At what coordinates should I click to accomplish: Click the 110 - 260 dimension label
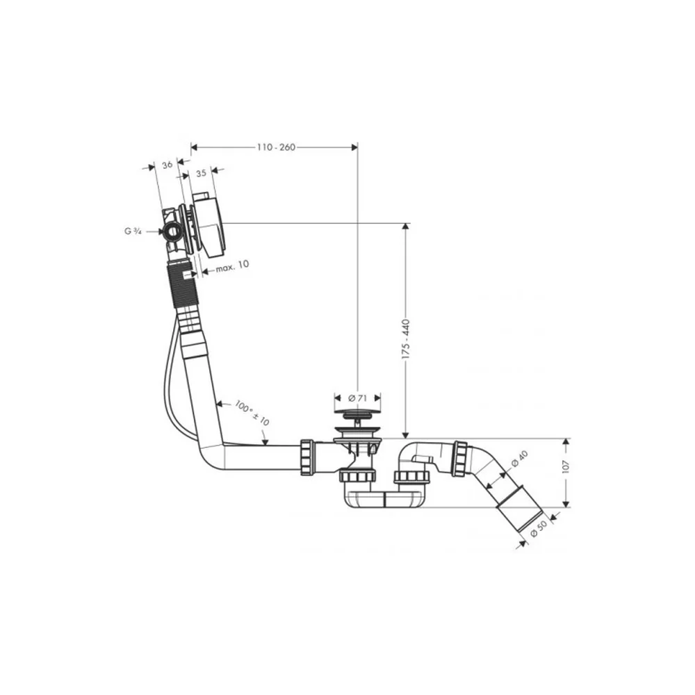(x=276, y=147)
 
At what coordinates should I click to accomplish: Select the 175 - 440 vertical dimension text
(x=406, y=339)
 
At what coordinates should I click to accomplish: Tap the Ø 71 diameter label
(x=357, y=398)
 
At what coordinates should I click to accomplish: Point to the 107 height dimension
(x=565, y=467)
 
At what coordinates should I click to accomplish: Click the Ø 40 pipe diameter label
(x=519, y=458)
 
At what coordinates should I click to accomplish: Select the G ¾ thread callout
(x=133, y=231)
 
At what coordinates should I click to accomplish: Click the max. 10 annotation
(x=233, y=265)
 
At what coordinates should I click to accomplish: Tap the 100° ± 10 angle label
(x=252, y=413)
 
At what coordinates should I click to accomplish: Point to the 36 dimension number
(x=167, y=165)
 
